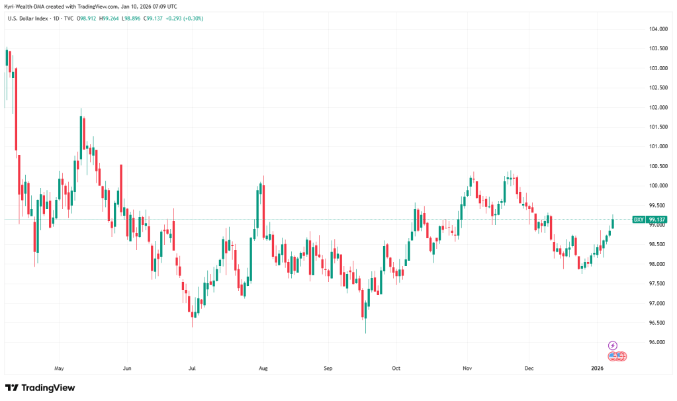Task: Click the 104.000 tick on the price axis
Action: [x=658, y=29]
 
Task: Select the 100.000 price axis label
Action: [x=658, y=186]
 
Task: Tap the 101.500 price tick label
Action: [x=658, y=127]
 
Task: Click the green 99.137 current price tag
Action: [x=657, y=219]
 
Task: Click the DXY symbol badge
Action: [x=639, y=219]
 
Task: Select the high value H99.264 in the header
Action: [x=111, y=18]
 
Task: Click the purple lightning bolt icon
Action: [x=613, y=345]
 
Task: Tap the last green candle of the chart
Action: [x=613, y=222]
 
